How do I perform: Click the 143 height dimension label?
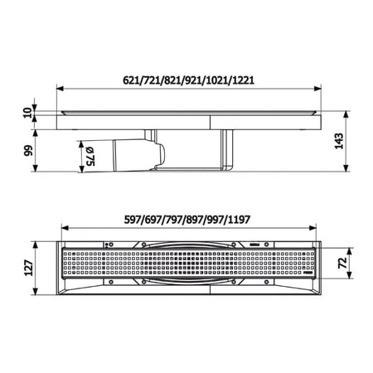[339, 141]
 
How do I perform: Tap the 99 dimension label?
[28, 151]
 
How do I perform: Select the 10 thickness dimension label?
[27, 113]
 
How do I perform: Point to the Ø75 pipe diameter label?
[90, 157]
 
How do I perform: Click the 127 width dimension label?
[29, 268]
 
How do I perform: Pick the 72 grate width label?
[342, 263]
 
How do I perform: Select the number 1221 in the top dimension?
[243, 80]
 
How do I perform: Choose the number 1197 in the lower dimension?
[240, 220]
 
